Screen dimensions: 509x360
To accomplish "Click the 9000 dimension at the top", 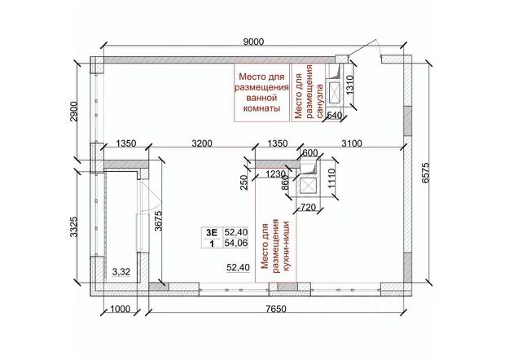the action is tap(253, 42).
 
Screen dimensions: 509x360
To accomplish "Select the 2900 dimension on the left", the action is tap(74, 112).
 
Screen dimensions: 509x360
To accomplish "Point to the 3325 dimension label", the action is tap(74, 226).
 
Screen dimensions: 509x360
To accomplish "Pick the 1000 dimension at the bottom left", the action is tap(120, 309).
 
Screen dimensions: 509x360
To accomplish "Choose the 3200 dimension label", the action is tap(202, 143).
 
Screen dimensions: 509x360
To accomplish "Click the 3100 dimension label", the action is tap(352, 143).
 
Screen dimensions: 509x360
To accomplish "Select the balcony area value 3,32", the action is tap(121, 272).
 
